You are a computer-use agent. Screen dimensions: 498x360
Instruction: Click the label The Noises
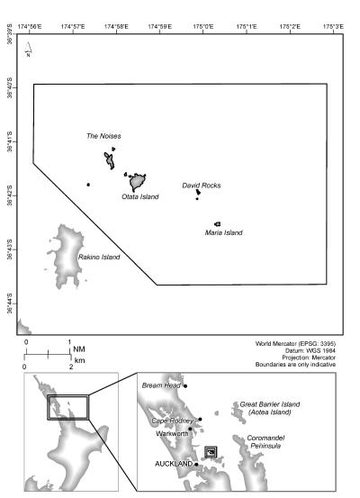coord(103,136)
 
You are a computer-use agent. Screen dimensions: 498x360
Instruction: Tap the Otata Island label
coord(139,195)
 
